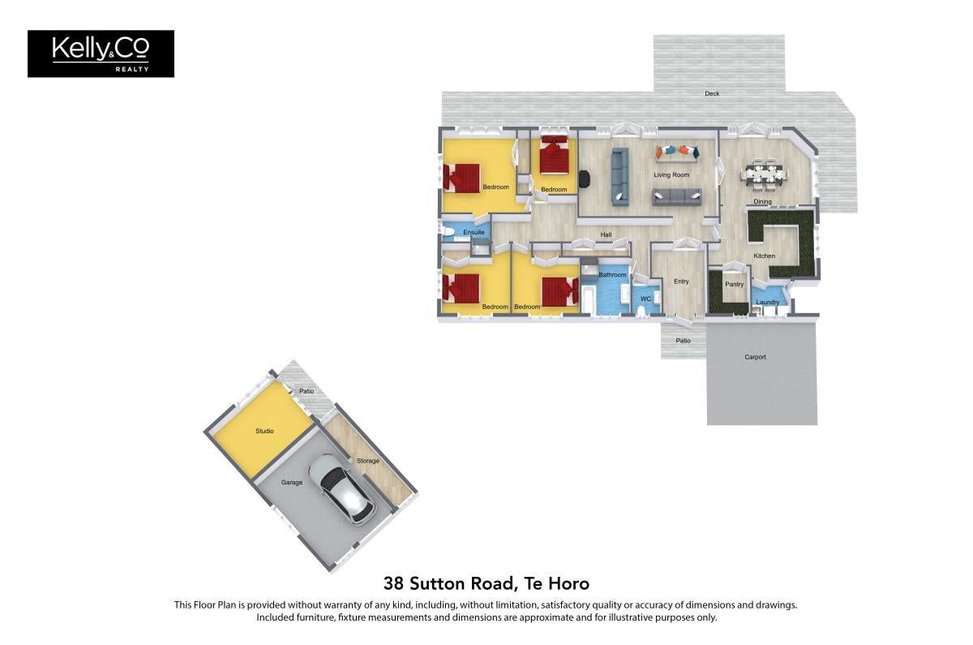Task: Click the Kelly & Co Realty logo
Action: tap(101, 54)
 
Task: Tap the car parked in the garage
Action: tap(342, 488)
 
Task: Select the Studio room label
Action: tap(264, 431)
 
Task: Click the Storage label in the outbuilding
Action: tap(368, 461)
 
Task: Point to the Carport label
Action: tap(755, 357)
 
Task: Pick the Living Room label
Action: tap(671, 174)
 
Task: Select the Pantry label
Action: tap(735, 284)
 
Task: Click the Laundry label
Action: tap(768, 303)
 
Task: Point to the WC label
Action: tap(646, 299)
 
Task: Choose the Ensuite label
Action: tap(474, 232)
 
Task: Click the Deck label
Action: tap(712, 93)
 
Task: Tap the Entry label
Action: tap(681, 282)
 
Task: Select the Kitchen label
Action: tap(764, 256)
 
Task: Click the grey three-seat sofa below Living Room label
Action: tap(677, 197)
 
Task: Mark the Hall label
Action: tap(606, 234)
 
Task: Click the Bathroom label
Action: tap(612, 275)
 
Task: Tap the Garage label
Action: tap(291, 483)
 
